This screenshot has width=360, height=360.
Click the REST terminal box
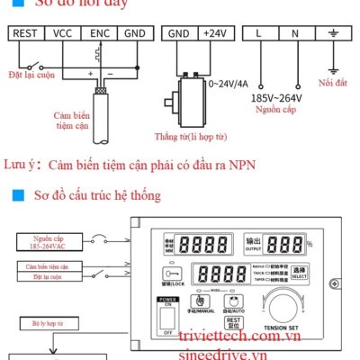point(26,33)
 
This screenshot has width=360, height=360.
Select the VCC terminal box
point(62,33)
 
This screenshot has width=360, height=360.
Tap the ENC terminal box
point(99,33)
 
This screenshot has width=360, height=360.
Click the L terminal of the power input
point(259,33)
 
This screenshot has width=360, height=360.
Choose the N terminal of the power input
point(295,33)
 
